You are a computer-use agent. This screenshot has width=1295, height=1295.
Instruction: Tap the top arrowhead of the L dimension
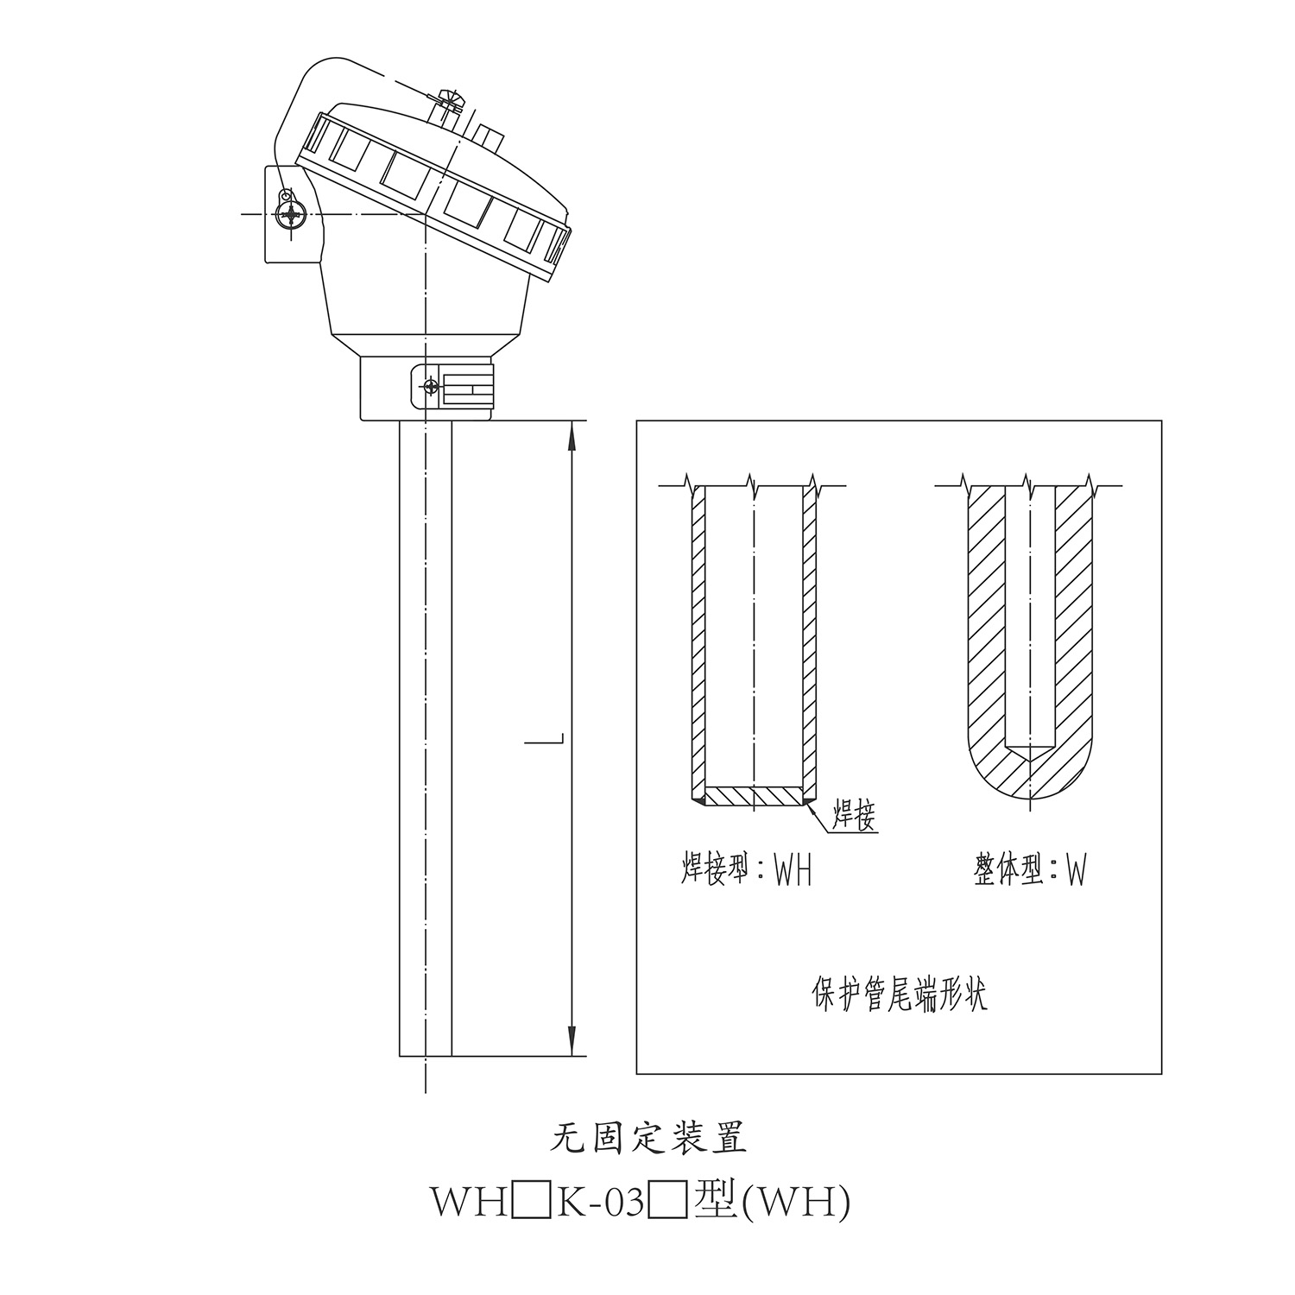[572, 437]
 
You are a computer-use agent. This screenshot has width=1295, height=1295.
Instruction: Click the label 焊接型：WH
[747, 870]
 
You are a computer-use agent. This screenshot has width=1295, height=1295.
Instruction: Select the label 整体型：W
[1029, 870]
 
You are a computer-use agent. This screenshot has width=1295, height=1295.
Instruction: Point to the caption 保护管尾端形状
[899, 995]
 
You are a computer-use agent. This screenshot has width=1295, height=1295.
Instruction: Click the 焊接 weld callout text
[854, 814]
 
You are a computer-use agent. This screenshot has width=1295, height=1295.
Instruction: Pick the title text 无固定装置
[648, 1139]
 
